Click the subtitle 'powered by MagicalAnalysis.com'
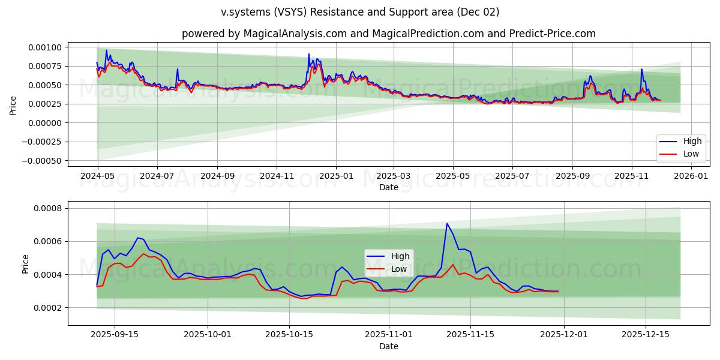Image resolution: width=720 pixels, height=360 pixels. coord(264,34)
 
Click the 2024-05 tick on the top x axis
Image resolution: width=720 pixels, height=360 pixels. coord(98,177)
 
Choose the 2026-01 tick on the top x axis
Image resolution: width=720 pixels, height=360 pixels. coord(692,177)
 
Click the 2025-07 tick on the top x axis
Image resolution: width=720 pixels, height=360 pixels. coord(512,177)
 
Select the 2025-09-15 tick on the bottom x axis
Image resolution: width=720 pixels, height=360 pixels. coord(115,335)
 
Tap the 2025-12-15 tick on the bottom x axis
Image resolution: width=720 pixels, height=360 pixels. coord(645,335)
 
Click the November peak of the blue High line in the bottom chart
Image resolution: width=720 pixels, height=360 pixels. coord(447,223)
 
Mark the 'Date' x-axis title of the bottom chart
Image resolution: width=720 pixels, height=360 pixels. coord(388,347)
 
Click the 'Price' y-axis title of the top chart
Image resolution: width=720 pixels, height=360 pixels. coord(13,105)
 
